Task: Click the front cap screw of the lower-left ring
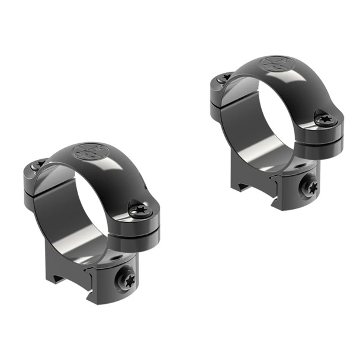tap(140, 209)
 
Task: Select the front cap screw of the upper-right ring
tap(325, 118)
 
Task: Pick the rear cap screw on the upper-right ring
tap(224, 78)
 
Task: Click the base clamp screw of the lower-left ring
tap(127, 279)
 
